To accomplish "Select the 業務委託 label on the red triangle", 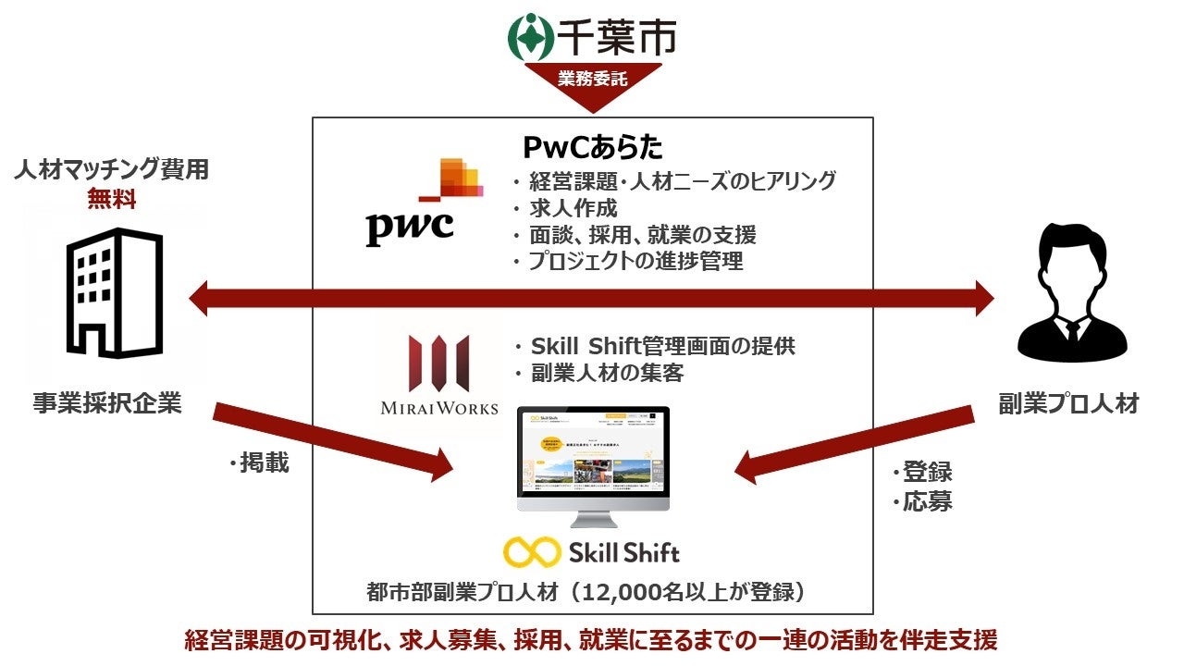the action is click(x=593, y=80).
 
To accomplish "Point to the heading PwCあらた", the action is click(x=593, y=148).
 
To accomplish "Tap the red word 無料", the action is click(x=112, y=198).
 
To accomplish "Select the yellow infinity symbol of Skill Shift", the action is click(x=532, y=553).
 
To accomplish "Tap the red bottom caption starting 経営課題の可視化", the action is click(x=591, y=640).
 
